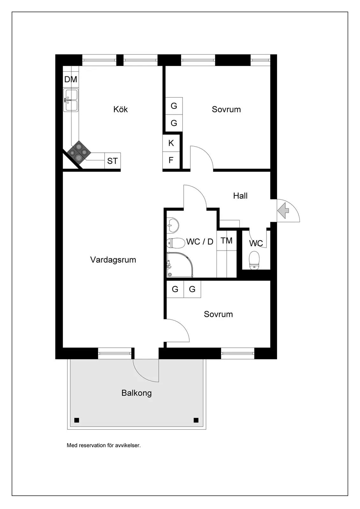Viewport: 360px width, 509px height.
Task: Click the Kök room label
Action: pyautogui.click(x=121, y=109)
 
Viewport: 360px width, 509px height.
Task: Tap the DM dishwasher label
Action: pyautogui.click(x=71, y=79)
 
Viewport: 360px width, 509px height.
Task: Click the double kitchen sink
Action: pyautogui.click(x=71, y=100)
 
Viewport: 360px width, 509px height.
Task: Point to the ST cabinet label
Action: pyautogui.click(x=112, y=161)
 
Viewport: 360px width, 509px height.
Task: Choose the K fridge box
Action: pyautogui.click(x=171, y=143)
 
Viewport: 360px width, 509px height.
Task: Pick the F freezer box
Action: pyautogui.click(x=171, y=160)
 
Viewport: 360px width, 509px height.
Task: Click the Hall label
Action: pyautogui.click(x=240, y=196)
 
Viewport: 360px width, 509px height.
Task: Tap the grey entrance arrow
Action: pyautogui.click(x=283, y=211)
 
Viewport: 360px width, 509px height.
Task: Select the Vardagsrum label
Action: pyautogui.click(x=113, y=260)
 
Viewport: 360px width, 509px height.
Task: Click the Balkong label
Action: pyautogui.click(x=136, y=393)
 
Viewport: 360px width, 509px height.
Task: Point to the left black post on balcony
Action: pyautogui.click(x=77, y=420)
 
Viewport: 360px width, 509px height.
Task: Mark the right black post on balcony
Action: pyautogui.click(x=196, y=420)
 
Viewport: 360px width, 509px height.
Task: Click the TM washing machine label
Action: pyautogui.click(x=226, y=241)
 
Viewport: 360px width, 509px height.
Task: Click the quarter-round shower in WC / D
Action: pyautogui.click(x=180, y=265)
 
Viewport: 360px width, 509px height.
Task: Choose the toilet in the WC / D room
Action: pyautogui.click(x=176, y=243)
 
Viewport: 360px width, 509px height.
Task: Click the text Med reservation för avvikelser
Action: pyautogui.click(x=104, y=445)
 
